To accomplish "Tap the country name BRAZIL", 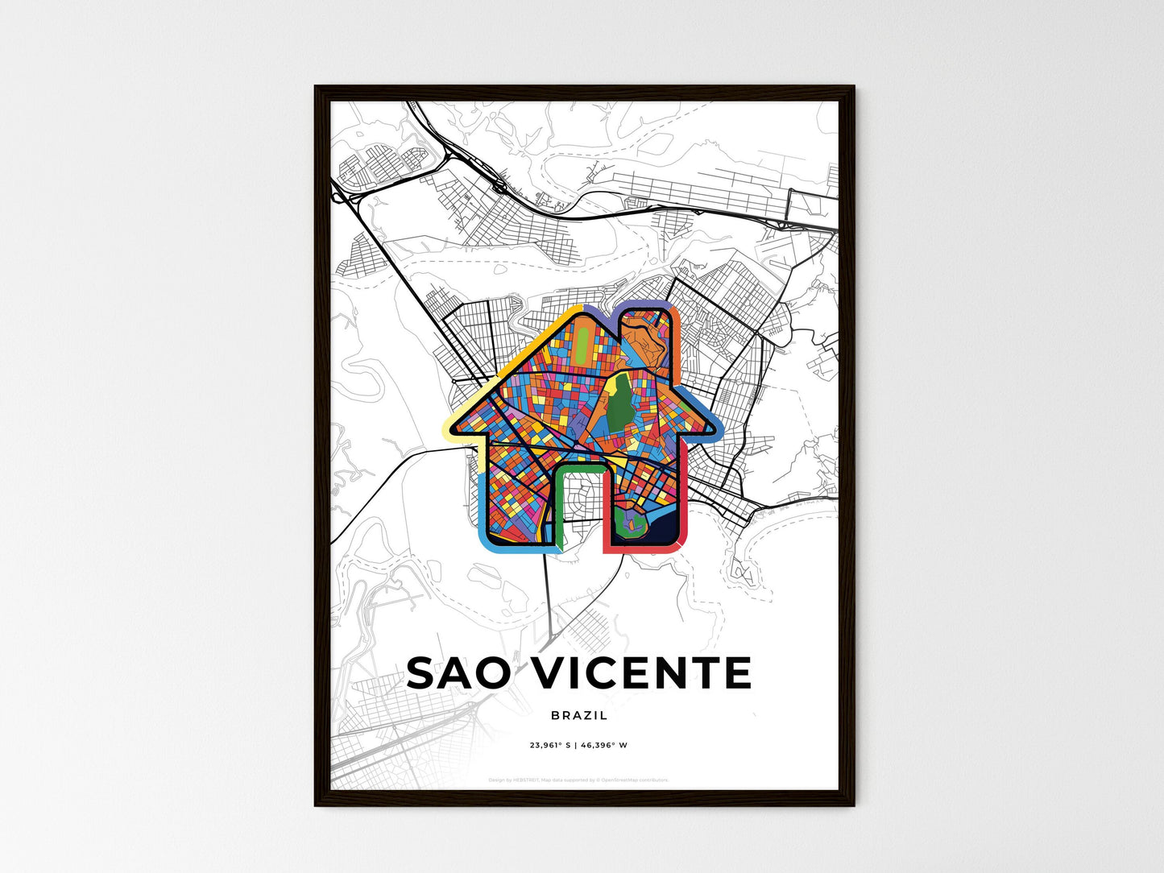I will click(x=580, y=715).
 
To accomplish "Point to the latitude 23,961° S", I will click(x=549, y=745).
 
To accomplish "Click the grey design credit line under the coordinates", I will click(x=578, y=780).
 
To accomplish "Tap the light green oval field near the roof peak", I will click(x=580, y=347).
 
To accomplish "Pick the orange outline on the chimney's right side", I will click(x=677, y=338).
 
